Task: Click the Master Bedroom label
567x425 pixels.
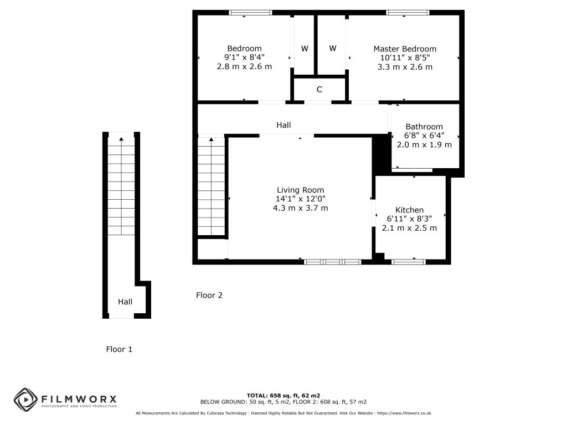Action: (405, 49)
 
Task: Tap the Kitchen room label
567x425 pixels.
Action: (409, 210)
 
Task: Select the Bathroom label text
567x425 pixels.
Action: (424, 127)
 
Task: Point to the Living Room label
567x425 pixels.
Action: (301, 190)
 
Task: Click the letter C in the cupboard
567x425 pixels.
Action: (319, 90)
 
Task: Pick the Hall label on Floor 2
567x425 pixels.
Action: (283, 125)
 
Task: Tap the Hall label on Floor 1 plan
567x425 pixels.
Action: (125, 302)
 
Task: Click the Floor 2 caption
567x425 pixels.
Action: (209, 296)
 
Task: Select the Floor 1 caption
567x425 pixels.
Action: (119, 349)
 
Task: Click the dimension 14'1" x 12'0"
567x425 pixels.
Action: (301, 199)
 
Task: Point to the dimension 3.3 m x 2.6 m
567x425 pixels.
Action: (405, 67)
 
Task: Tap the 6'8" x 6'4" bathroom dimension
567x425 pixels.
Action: (424, 136)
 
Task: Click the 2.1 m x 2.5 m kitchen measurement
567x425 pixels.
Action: (409, 228)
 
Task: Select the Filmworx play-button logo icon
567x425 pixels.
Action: (25, 400)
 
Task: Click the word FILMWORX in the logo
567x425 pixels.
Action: (79, 399)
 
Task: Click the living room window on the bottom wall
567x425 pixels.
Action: (332, 262)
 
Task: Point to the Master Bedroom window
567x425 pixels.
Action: (408, 13)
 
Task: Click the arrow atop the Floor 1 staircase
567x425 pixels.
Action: (121, 139)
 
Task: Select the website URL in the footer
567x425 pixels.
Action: (404, 413)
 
